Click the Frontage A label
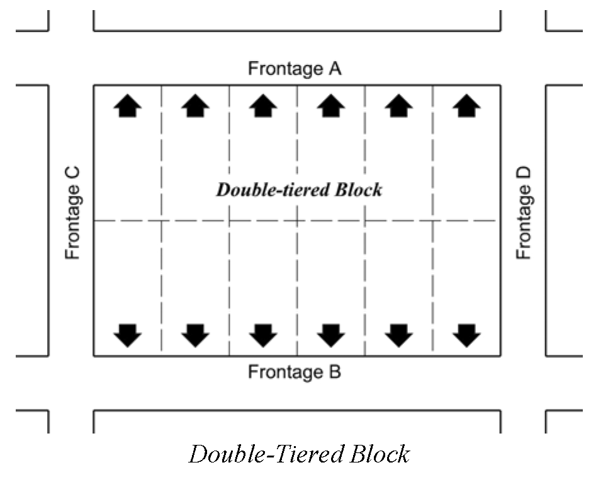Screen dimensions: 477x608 point(295,68)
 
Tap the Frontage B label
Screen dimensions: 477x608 point(295,372)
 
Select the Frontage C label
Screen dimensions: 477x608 point(73,212)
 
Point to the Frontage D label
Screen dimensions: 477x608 point(524,212)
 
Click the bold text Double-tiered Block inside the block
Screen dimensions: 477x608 point(299,189)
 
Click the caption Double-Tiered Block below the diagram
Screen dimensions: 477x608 point(300,454)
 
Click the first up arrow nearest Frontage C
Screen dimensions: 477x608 point(128,105)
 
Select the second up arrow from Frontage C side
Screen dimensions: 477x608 point(195,105)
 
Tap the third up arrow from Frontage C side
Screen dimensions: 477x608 point(263,105)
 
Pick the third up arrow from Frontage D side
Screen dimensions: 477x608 point(331,105)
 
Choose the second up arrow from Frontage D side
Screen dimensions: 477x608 point(398,105)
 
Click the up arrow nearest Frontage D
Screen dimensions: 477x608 point(466,105)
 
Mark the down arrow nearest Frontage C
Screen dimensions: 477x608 point(128,335)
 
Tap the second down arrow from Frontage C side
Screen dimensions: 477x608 point(195,335)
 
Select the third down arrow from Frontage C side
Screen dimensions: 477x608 point(263,335)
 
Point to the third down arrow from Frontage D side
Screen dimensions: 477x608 point(331,335)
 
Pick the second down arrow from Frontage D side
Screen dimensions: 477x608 point(398,335)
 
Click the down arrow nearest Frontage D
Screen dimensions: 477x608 point(466,335)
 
